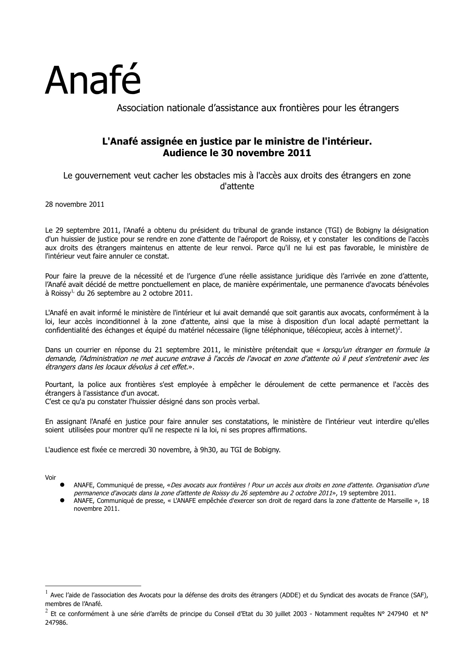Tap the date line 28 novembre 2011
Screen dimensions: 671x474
click(74, 204)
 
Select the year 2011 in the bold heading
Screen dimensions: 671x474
click(298, 153)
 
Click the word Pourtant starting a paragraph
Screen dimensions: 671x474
click(59, 385)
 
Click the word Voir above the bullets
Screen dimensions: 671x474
click(51, 477)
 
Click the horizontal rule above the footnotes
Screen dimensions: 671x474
click(93, 586)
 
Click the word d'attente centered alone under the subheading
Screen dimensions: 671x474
click(237, 186)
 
